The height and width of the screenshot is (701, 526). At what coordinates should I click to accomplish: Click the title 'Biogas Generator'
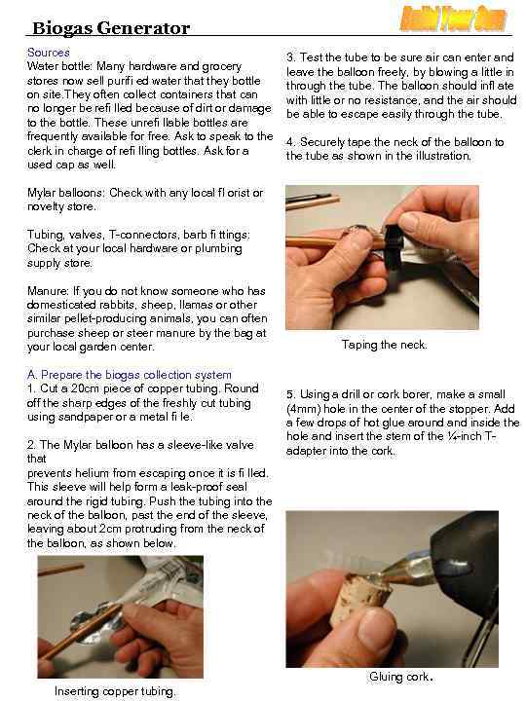click(111, 28)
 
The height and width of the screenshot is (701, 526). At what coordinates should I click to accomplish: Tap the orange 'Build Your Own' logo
click(453, 18)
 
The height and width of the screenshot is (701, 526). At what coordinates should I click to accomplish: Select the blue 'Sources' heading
click(49, 53)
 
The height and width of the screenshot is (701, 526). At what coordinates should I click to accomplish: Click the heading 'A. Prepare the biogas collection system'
click(130, 374)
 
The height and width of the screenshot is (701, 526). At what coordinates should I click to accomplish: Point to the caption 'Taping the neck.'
click(384, 345)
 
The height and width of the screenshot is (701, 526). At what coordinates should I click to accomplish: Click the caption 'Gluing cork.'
click(400, 677)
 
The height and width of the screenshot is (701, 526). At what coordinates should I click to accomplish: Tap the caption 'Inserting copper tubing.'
click(115, 691)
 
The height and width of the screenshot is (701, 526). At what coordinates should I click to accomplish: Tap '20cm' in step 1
click(85, 388)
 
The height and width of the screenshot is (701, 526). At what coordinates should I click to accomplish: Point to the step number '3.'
click(291, 57)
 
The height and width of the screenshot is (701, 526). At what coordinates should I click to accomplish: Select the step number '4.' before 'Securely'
click(291, 142)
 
